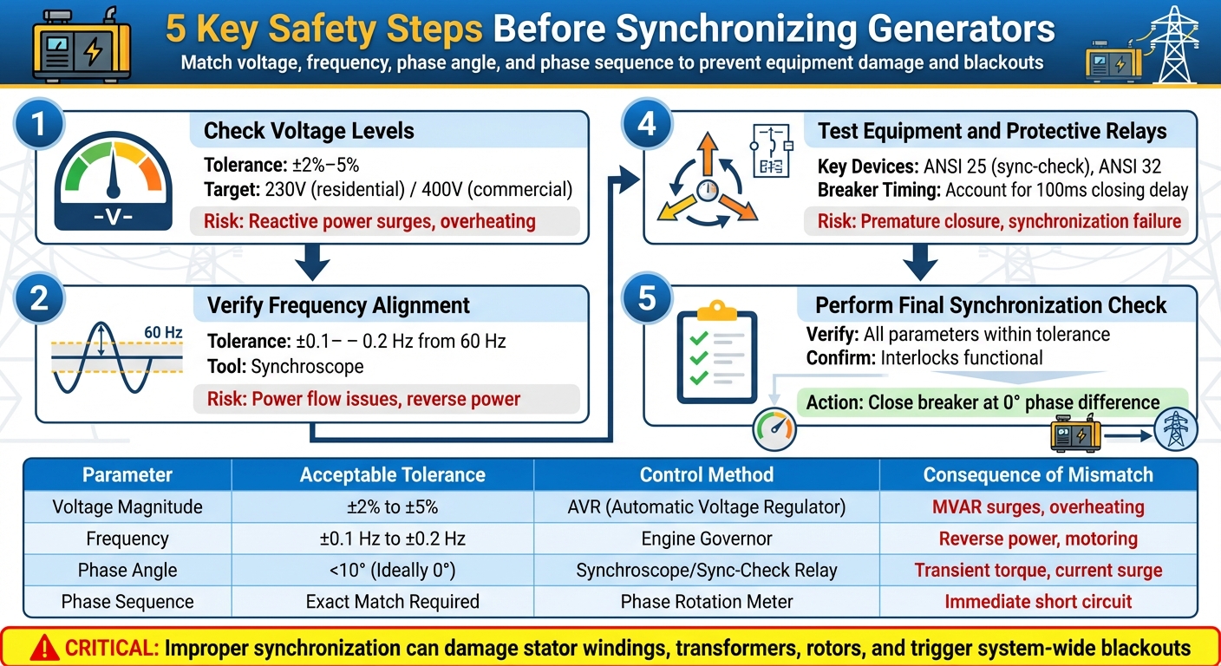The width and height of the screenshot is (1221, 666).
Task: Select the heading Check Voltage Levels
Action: coord(309,131)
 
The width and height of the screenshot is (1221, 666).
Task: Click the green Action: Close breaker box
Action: coord(983,402)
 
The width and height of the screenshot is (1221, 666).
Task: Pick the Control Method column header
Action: coord(706,474)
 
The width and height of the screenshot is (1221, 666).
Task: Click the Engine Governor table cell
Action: coord(706,539)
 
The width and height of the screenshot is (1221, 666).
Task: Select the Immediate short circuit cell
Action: coord(1038,601)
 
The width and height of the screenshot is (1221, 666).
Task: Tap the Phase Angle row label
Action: coord(127,570)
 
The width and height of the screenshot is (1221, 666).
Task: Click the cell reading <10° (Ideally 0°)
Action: coord(392,570)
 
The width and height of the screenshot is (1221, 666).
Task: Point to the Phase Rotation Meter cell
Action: coord(706,601)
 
